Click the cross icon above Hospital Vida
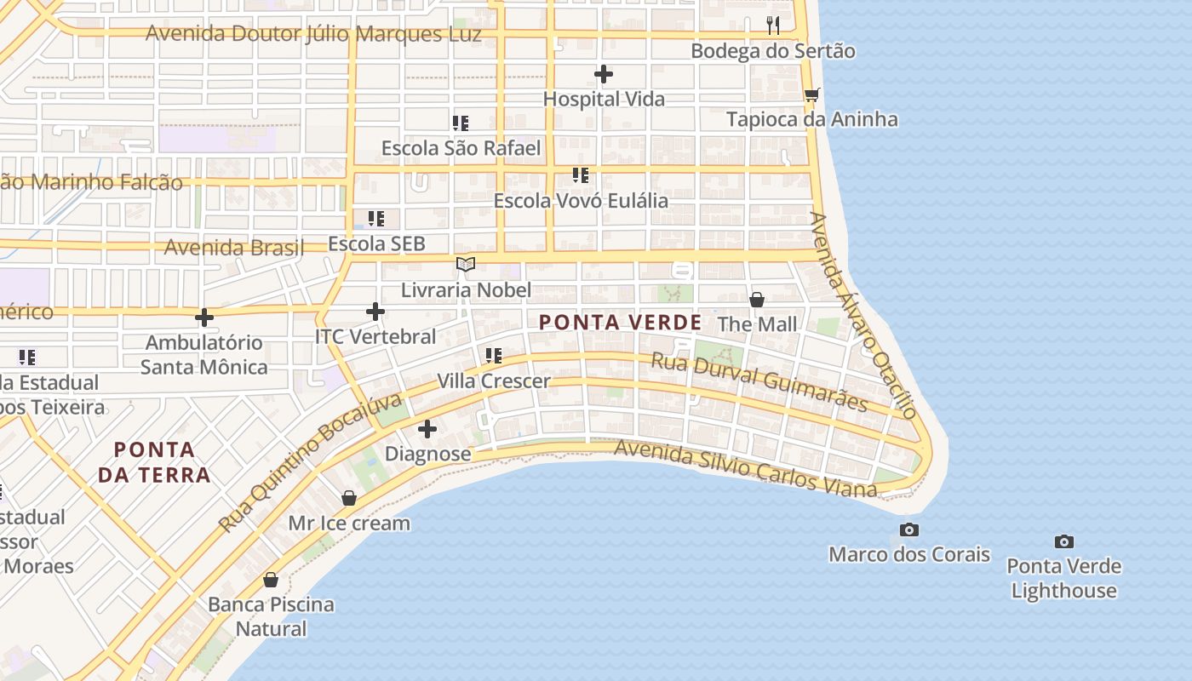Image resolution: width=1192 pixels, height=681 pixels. (x=604, y=75)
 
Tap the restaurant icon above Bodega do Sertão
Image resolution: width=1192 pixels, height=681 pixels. (x=772, y=26)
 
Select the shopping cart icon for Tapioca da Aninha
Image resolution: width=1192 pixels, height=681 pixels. (x=811, y=94)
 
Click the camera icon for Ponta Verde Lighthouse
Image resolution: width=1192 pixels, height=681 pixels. (x=1063, y=541)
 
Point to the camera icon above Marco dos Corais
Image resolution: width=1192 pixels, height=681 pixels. (x=909, y=530)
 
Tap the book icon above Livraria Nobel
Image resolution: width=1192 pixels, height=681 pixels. (x=465, y=265)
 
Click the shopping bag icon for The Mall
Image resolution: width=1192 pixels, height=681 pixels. (x=756, y=300)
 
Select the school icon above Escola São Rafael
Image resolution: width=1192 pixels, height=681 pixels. (x=461, y=123)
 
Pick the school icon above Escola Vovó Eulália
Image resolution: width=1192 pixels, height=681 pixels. (x=581, y=176)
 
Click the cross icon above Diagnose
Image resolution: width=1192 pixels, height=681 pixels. (x=427, y=429)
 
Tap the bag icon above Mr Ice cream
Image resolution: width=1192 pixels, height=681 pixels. (x=349, y=498)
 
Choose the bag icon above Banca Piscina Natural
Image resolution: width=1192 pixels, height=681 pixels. (x=271, y=580)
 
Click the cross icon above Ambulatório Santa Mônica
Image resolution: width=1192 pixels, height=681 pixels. (x=204, y=318)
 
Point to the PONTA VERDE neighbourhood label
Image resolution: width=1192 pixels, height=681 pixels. (x=621, y=323)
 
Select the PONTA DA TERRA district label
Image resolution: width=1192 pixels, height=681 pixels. (x=154, y=461)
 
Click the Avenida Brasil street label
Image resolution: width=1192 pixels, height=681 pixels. (x=233, y=248)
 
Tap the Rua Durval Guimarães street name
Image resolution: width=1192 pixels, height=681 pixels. (x=759, y=382)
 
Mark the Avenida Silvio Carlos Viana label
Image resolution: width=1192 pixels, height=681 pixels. (x=745, y=468)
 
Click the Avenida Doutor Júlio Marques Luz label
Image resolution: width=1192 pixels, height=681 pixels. (x=313, y=34)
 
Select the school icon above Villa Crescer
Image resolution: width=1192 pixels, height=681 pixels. (x=493, y=356)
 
